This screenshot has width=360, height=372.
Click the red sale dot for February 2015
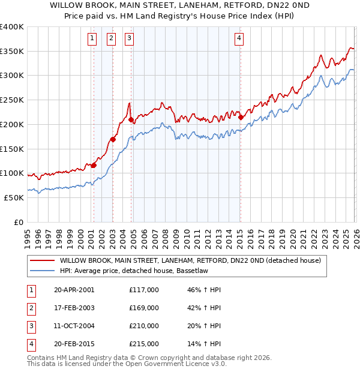(241, 118)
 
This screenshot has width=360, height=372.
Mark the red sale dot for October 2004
(131, 120)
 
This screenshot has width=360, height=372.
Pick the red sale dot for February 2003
(113, 140)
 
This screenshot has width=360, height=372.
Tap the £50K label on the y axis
(14, 197)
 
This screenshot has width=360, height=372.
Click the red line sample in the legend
(43, 260)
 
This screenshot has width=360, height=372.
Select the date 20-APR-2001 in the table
(74, 289)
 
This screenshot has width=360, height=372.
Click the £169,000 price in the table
(143, 308)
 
